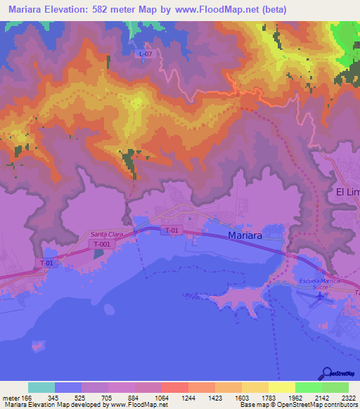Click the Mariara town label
(245, 236)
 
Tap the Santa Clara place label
(107, 235)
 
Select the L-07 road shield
(146, 54)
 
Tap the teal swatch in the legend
(41, 387)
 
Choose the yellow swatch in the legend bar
(281, 387)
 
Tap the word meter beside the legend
(11, 398)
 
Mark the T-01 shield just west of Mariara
(171, 231)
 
